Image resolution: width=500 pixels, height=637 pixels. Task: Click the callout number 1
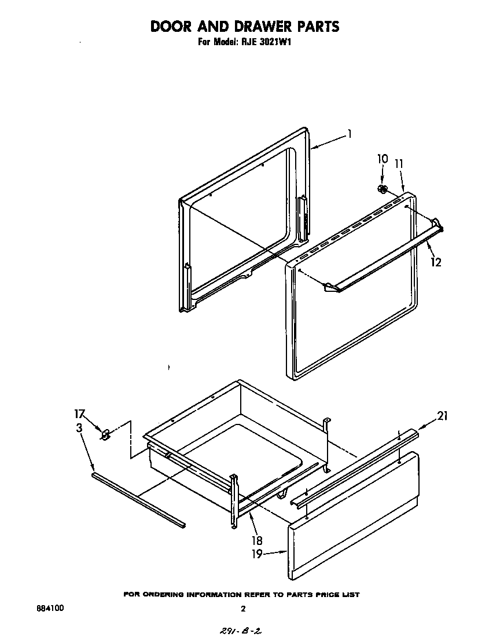(x=350, y=134)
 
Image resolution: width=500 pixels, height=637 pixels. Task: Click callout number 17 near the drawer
(x=80, y=414)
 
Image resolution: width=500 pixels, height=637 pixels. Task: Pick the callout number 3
(x=79, y=428)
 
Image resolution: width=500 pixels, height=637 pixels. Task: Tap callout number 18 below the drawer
(x=257, y=541)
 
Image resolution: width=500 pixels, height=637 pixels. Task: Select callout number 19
(x=257, y=554)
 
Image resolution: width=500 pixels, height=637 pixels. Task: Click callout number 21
(x=442, y=415)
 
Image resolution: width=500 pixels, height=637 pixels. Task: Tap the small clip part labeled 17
(x=105, y=433)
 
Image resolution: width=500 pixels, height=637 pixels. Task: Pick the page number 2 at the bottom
(x=243, y=609)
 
